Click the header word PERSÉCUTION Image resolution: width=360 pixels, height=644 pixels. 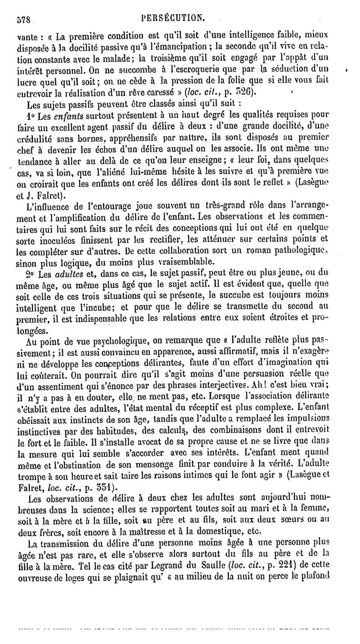point(173,18)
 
